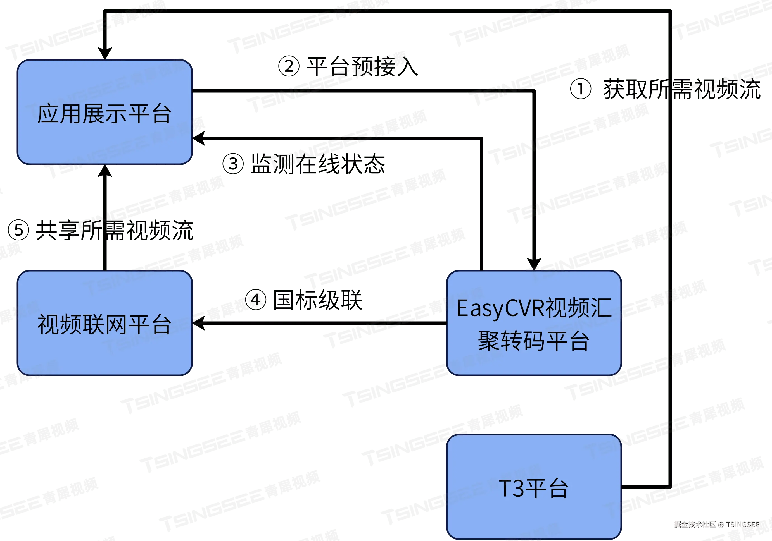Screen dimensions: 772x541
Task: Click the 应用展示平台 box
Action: (104, 112)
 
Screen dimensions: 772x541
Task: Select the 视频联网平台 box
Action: (104, 323)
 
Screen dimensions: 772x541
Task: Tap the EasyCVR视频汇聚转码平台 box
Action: (534, 323)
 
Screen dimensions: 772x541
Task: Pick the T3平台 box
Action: (534, 487)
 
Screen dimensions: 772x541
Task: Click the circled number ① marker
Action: (580, 89)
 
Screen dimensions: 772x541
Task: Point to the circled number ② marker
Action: (289, 66)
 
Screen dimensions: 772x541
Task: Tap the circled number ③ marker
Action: (233, 164)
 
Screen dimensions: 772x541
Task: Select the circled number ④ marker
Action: (256, 300)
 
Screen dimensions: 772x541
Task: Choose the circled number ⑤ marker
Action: (18, 230)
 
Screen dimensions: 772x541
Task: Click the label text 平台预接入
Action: (362, 66)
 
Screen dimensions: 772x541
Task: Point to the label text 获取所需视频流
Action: (682, 89)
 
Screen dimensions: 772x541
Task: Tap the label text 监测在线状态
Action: (318, 164)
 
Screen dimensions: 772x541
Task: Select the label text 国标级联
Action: (318, 300)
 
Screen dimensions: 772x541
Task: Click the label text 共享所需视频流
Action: (114, 230)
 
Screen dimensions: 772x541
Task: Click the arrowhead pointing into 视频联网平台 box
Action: (199, 323)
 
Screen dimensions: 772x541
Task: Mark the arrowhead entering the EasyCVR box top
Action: (534, 264)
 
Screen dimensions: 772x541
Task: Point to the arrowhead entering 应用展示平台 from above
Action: (105, 53)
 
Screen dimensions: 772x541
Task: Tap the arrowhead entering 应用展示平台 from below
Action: (105, 171)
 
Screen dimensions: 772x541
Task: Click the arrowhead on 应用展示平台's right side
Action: (199, 138)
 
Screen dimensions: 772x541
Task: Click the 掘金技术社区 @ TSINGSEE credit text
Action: (716, 525)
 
